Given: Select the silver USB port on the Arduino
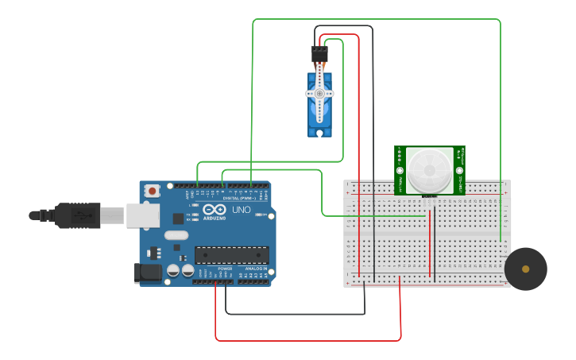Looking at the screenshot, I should (x=143, y=215).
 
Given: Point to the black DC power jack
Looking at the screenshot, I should (x=148, y=273).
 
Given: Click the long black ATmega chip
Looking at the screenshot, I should (x=232, y=255).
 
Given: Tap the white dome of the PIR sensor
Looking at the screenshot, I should (x=430, y=169).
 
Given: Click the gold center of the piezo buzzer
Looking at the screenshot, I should (x=525, y=269).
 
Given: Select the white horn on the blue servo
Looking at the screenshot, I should (x=319, y=92).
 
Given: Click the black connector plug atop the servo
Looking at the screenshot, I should (x=319, y=54).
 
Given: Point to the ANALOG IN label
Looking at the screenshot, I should (x=256, y=269).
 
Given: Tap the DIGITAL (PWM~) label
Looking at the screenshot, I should (x=240, y=197).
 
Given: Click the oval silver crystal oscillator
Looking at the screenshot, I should (x=176, y=235).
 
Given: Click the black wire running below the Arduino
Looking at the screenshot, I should (x=294, y=314).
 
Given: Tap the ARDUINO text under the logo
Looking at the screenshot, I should (x=215, y=218).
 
